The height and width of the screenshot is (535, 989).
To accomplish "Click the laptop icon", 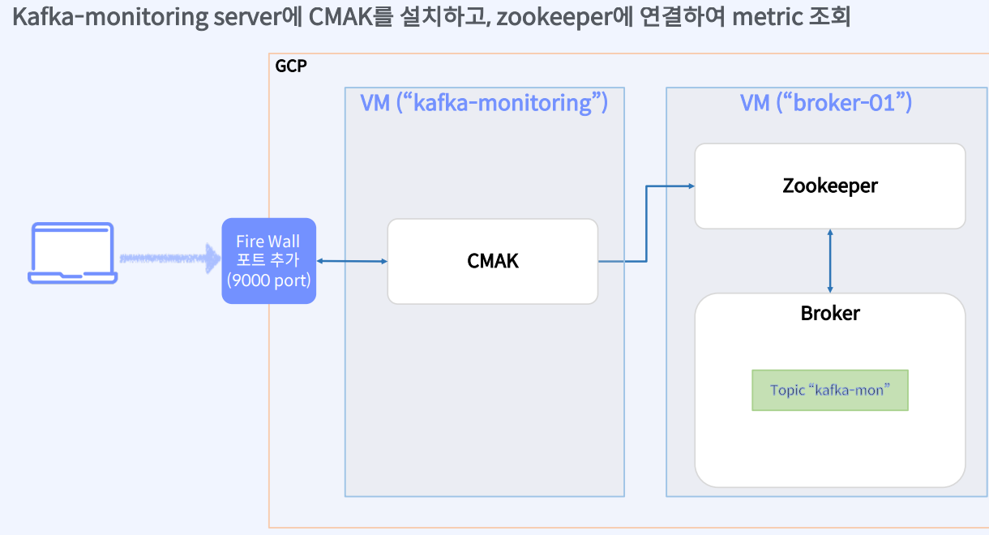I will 73,254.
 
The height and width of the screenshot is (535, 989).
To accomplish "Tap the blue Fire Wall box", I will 268,261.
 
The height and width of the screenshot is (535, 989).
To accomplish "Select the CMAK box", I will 492,261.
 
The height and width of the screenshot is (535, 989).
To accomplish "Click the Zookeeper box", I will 829,186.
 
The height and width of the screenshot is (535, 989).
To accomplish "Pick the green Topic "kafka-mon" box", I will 829,390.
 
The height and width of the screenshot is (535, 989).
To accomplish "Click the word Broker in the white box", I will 829,313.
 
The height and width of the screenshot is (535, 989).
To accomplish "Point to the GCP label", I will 291,66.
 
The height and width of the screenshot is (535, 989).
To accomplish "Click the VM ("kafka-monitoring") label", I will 484,103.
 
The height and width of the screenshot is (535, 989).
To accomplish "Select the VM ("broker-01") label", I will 826,103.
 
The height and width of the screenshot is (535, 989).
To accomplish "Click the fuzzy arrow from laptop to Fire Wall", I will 169,259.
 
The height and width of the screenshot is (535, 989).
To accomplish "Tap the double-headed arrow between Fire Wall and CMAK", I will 352,261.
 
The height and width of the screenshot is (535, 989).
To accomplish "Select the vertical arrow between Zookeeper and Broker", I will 829,260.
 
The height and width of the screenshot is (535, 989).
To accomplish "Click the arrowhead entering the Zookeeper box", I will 690,186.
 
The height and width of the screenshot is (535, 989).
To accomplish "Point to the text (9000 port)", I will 268,280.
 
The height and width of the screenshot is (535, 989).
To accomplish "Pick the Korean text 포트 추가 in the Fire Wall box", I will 268,260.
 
